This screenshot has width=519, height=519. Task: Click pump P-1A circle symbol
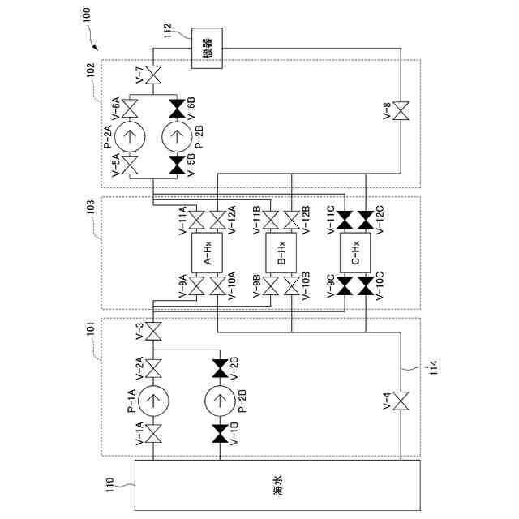point(153,399)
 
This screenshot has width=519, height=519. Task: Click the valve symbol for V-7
point(153,79)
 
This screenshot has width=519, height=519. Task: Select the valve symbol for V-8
point(401,110)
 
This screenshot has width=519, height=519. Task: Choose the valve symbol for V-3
point(153,332)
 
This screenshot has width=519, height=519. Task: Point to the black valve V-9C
point(346,285)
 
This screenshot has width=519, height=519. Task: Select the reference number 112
point(169,32)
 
